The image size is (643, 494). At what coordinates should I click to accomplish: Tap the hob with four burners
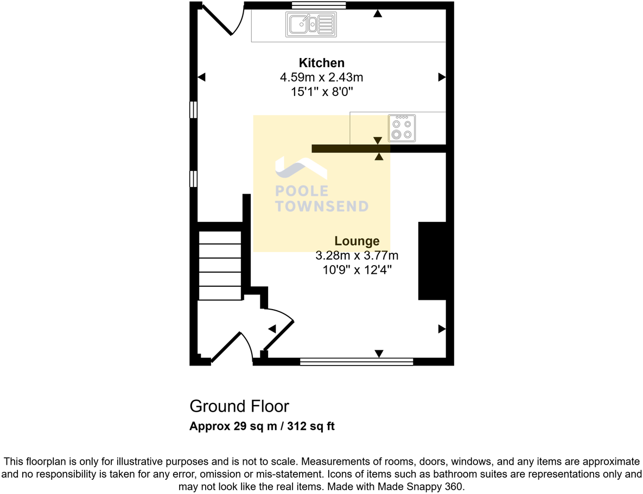click(402, 128)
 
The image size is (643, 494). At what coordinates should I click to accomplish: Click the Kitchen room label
click(322, 62)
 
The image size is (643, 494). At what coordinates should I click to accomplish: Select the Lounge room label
click(356, 241)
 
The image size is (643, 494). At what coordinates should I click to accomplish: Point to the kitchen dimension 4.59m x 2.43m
click(322, 78)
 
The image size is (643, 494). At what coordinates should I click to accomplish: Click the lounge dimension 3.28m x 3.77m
click(356, 255)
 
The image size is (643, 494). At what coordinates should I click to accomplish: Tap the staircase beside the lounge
click(220, 265)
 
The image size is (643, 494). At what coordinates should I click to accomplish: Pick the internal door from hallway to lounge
click(278, 329)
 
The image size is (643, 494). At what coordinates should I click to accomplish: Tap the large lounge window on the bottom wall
click(356, 361)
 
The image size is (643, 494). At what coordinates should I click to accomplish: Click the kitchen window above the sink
click(319, 6)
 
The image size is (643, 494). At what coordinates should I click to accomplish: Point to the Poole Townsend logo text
click(322, 198)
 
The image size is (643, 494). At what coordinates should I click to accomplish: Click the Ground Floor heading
click(239, 406)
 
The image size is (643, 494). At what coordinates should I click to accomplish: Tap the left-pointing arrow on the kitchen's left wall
click(202, 78)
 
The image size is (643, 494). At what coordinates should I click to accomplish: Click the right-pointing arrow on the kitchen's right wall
click(442, 78)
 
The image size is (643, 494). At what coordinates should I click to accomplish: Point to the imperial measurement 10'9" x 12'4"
click(356, 270)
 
